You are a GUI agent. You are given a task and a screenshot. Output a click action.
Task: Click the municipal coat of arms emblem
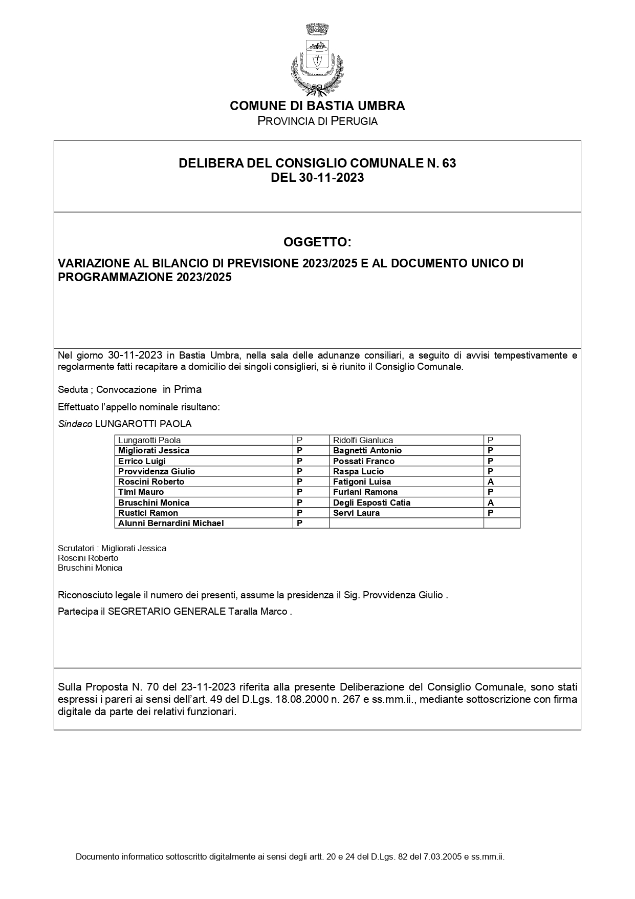coord(317,59)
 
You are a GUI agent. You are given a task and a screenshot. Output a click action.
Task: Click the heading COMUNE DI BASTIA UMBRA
coord(317,106)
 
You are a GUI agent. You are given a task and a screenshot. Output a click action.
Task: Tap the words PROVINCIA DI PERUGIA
coord(317,121)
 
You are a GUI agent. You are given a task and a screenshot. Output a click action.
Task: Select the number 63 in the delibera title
coord(448,163)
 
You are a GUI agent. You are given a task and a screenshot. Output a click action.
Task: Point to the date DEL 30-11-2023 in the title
coord(317,178)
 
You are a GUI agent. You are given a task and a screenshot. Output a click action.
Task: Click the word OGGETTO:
coord(317,242)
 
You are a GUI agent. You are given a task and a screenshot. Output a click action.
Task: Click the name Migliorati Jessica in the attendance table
coord(154,451)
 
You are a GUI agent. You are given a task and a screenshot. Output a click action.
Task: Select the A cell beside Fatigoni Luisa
coord(491,482)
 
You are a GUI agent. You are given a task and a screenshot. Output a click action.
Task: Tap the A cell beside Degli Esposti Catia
coord(491,503)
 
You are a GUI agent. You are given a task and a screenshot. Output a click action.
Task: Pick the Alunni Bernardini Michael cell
coord(171,524)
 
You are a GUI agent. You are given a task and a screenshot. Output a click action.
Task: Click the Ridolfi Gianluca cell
coord(363,441)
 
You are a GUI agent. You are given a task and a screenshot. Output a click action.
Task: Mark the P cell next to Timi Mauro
coord(300,492)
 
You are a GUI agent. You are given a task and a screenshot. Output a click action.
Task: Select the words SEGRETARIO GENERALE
coord(166,612)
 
